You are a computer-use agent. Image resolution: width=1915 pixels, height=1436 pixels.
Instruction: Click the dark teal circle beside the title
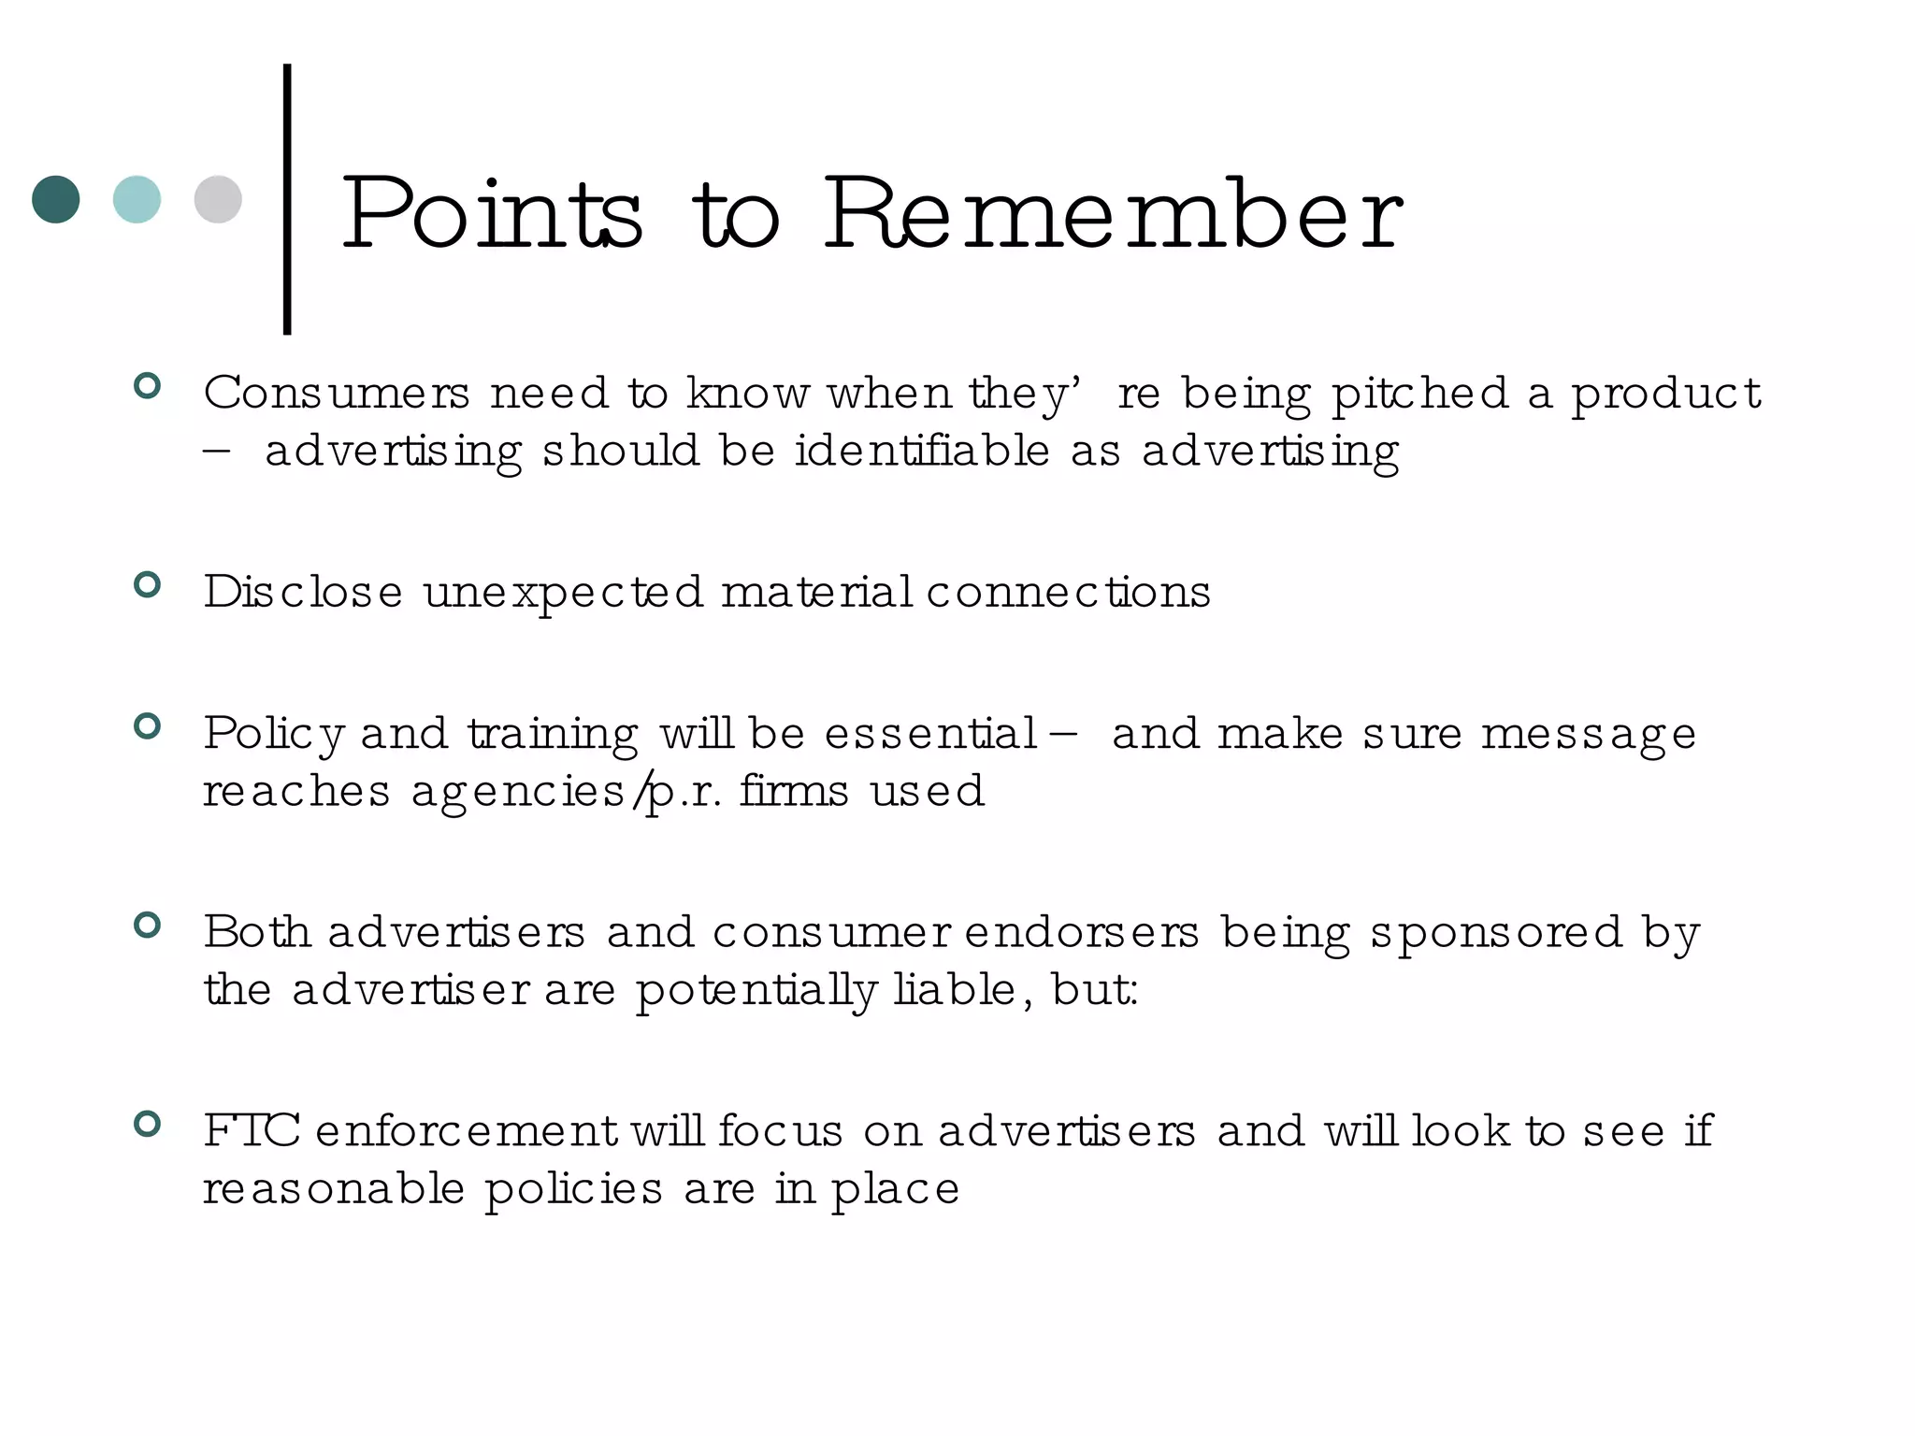click(x=56, y=199)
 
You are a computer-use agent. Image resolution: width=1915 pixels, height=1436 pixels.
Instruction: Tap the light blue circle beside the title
click(x=137, y=199)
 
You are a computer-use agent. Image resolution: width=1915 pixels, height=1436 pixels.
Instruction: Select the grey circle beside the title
click(x=218, y=199)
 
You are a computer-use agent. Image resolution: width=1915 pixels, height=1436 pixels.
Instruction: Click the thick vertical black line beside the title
click(x=287, y=198)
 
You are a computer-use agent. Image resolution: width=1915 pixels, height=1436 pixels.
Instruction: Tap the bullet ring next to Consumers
click(x=148, y=386)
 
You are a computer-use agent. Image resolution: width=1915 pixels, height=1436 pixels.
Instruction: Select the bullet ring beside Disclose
click(x=148, y=585)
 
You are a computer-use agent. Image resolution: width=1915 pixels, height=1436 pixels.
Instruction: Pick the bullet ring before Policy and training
click(x=148, y=726)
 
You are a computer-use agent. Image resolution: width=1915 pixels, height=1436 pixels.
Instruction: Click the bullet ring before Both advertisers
click(x=148, y=926)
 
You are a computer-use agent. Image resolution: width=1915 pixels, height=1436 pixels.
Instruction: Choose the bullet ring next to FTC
click(x=148, y=1124)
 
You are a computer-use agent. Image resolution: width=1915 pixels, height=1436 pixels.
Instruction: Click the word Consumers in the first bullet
click(x=337, y=393)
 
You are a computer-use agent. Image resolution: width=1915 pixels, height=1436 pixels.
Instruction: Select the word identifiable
click(x=923, y=452)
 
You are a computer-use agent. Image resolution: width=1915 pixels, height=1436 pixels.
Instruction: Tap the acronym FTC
click(x=252, y=1131)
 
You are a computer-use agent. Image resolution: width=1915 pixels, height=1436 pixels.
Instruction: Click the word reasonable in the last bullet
click(x=334, y=1189)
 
